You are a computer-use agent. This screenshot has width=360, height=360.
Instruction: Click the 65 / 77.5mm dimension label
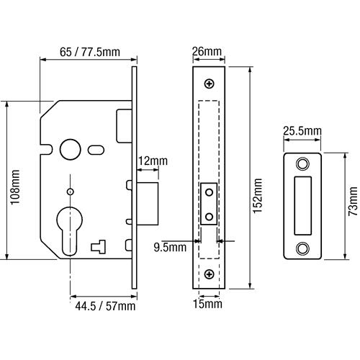pos(90,52)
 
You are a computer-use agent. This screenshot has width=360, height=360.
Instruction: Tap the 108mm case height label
pos(15,187)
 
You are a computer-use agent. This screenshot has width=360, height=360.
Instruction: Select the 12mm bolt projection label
pos(153,161)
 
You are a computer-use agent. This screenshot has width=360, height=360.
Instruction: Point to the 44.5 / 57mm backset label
pos(105,306)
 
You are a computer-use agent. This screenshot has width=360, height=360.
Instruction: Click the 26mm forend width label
pos(207,51)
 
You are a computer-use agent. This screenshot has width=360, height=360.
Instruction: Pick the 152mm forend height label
pos(258,196)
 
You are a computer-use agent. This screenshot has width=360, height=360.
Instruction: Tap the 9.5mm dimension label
pos(170,248)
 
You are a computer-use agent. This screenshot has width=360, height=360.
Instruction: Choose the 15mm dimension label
pos(207,304)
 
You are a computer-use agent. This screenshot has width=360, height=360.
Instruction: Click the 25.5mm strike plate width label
pos(302,131)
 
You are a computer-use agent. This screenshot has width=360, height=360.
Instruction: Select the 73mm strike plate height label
pos(353,201)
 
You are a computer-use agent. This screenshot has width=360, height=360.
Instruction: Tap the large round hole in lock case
pos(71,149)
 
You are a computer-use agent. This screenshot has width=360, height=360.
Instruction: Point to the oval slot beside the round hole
pos(96,150)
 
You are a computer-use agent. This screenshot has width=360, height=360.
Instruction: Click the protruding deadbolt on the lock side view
pos(148,204)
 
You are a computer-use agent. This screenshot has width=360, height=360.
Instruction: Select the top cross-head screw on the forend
pos(210,84)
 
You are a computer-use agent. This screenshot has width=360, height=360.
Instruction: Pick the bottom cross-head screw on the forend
pos(210,274)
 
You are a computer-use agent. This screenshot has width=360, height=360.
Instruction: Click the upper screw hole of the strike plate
pos(302,164)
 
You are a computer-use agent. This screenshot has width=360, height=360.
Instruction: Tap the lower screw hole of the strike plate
pos(302,248)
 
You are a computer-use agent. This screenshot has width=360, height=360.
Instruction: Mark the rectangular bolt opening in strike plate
pos(302,205)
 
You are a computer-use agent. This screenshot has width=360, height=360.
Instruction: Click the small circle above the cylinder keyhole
pos(70,192)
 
